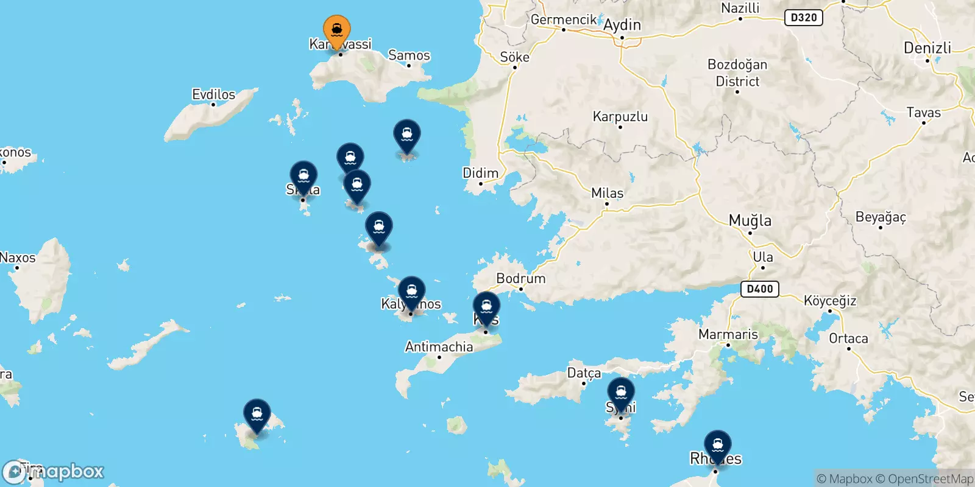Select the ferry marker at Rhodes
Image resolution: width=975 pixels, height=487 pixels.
[x=718, y=445]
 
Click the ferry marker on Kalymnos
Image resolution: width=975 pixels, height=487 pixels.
[x=412, y=291]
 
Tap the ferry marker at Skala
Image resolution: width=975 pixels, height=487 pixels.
[x=303, y=176]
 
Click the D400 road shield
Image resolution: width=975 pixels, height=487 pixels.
[x=760, y=289]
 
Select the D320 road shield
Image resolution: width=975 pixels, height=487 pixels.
[x=803, y=17]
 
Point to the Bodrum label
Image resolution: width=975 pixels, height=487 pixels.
[x=520, y=278]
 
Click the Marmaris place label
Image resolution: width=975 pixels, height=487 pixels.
[x=728, y=334]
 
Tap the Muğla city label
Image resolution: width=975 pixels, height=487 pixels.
[x=750, y=220]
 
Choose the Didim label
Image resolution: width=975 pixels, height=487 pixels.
[x=480, y=173]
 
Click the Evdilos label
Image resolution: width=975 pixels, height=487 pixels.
[x=213, y=94]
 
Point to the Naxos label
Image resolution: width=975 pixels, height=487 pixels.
[x=18, y=258]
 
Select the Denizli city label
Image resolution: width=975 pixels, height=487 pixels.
[x=927, y=48]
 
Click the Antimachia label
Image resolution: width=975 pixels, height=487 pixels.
[x=439, y=347]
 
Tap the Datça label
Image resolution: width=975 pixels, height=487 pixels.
[x=584, y=373]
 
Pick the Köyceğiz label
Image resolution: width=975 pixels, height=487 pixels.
[x=830, y=301]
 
